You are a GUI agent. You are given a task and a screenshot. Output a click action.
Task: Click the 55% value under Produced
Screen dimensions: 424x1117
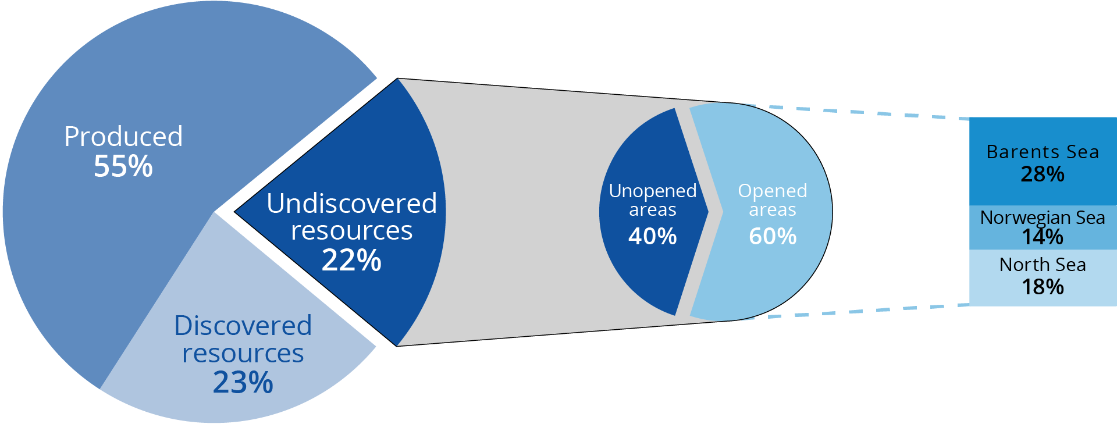click(123, 166)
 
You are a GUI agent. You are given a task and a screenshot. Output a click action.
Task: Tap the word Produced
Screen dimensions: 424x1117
click(123, 137)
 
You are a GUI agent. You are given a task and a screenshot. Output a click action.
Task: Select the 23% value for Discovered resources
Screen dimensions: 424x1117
click(243, 382)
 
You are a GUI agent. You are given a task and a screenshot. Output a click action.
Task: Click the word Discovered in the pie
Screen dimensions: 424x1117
click(243, 326)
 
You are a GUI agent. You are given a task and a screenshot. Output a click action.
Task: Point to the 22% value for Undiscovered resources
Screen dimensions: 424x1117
click(351, 260)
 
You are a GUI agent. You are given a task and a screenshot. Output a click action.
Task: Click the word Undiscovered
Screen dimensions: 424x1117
click(351, 204)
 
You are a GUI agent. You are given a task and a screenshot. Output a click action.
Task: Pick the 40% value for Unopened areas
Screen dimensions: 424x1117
click(652, 236)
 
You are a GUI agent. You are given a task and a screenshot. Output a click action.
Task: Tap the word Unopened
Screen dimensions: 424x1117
click(652, 191)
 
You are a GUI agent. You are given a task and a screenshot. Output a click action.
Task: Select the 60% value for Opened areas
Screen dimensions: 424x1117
click(773, 236)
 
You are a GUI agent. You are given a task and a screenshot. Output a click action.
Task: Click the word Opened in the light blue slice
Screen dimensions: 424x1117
click(773, 191)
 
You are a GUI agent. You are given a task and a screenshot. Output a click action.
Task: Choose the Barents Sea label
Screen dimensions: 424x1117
click(1043, 152)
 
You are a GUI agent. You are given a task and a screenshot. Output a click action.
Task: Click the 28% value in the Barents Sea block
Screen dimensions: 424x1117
click(1043, 174)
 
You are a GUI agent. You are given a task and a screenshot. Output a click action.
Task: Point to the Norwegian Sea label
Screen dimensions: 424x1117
click(1043, 217)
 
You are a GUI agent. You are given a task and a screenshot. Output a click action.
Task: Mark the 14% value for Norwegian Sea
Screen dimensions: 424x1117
click(1043, 237)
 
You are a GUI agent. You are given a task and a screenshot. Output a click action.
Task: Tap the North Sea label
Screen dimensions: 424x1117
click(1043, 265)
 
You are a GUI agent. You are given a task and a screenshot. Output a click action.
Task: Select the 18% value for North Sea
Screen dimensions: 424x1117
click(1043, 287)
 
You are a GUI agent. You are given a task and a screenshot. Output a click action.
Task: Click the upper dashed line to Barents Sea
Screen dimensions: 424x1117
click(861, 112)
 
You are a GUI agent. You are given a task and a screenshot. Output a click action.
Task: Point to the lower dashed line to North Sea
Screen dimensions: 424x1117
click(861, 311)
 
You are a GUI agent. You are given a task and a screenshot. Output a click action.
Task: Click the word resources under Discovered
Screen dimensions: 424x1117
click(243, 354)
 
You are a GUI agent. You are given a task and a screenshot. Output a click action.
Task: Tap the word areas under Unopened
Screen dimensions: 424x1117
click(652, 210)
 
